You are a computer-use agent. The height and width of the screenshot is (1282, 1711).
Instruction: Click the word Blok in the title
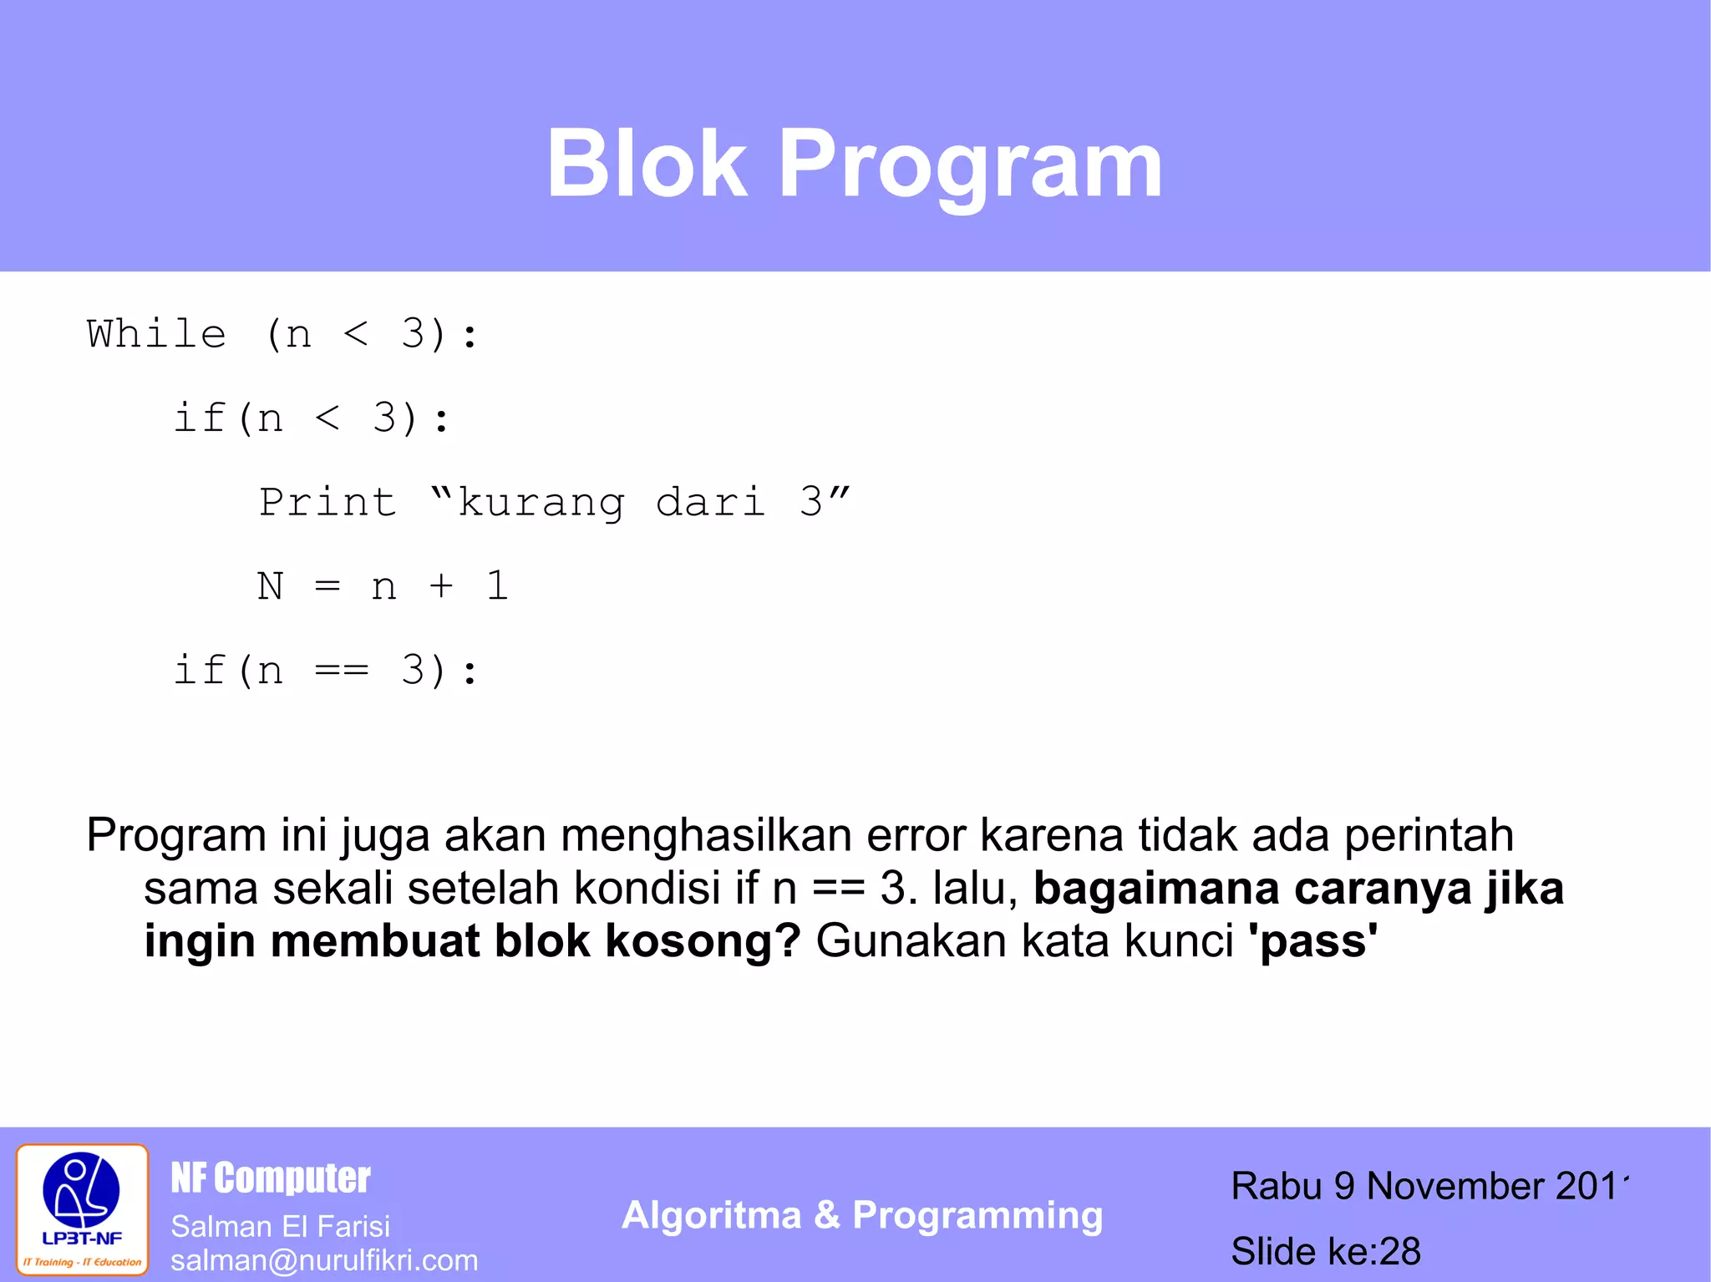pyautogui.click(x=647, y=165)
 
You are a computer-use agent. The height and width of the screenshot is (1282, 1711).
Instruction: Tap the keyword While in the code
pyautogui.click(x=156, y=334)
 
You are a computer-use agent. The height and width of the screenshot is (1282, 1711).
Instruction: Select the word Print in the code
pyautogui.click(x=327, y=502)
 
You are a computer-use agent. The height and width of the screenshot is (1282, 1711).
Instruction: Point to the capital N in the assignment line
pyautogui.click(x=270, y=586)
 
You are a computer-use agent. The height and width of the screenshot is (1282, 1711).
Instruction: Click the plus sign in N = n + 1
pyautogui.click(x=441, y=586)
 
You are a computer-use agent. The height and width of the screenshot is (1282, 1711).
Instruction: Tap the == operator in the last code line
pyautogui.click(x=342, y=671)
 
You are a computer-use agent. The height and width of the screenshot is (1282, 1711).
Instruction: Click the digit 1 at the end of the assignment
pyautogui.click(x=498, y=586)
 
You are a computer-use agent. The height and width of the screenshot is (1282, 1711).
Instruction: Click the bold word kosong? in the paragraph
pyautogui.click(x=703, y=941)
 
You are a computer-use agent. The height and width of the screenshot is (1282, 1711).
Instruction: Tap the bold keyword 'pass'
pyautogui.click(x=1312, y=941)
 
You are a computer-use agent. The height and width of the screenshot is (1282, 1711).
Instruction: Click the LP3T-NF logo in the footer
pyautogui.click(x=82, y=1209)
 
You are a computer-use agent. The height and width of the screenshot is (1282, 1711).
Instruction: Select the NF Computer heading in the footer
pyautogui.click(x=271, y=1178)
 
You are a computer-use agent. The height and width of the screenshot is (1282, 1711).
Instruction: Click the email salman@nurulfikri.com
pyautogui.click(x=324, y=1260)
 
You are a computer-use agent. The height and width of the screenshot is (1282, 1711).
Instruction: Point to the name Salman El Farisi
pyautogui.click(x=280, y=1226)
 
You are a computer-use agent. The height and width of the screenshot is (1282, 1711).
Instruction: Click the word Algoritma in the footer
pyautogui.click(x=711, y=1215)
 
